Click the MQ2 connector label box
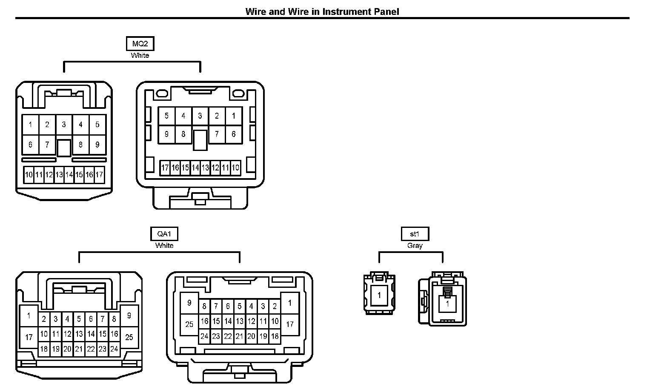pos(140,44)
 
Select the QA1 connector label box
pos(164,234)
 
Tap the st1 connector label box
pos(415,234)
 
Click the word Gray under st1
pos(415,246)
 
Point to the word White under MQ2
pos(140,55)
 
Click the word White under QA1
pos(164,246)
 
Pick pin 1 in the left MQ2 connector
pos(30,125)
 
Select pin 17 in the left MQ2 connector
pos(99,175)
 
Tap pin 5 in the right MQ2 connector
pos(166,116)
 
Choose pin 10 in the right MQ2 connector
pos(235,168)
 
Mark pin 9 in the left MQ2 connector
pos(97,145)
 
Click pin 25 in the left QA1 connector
pos(129,337)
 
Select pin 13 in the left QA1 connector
pos(79,334)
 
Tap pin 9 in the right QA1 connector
pos(189,303)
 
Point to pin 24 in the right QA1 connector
pos(204,336)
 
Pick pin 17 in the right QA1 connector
pos(290,324)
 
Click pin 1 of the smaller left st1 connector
pos(379,295)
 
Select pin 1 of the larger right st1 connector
pos(447,304)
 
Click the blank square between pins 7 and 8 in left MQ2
pos(64,148)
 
